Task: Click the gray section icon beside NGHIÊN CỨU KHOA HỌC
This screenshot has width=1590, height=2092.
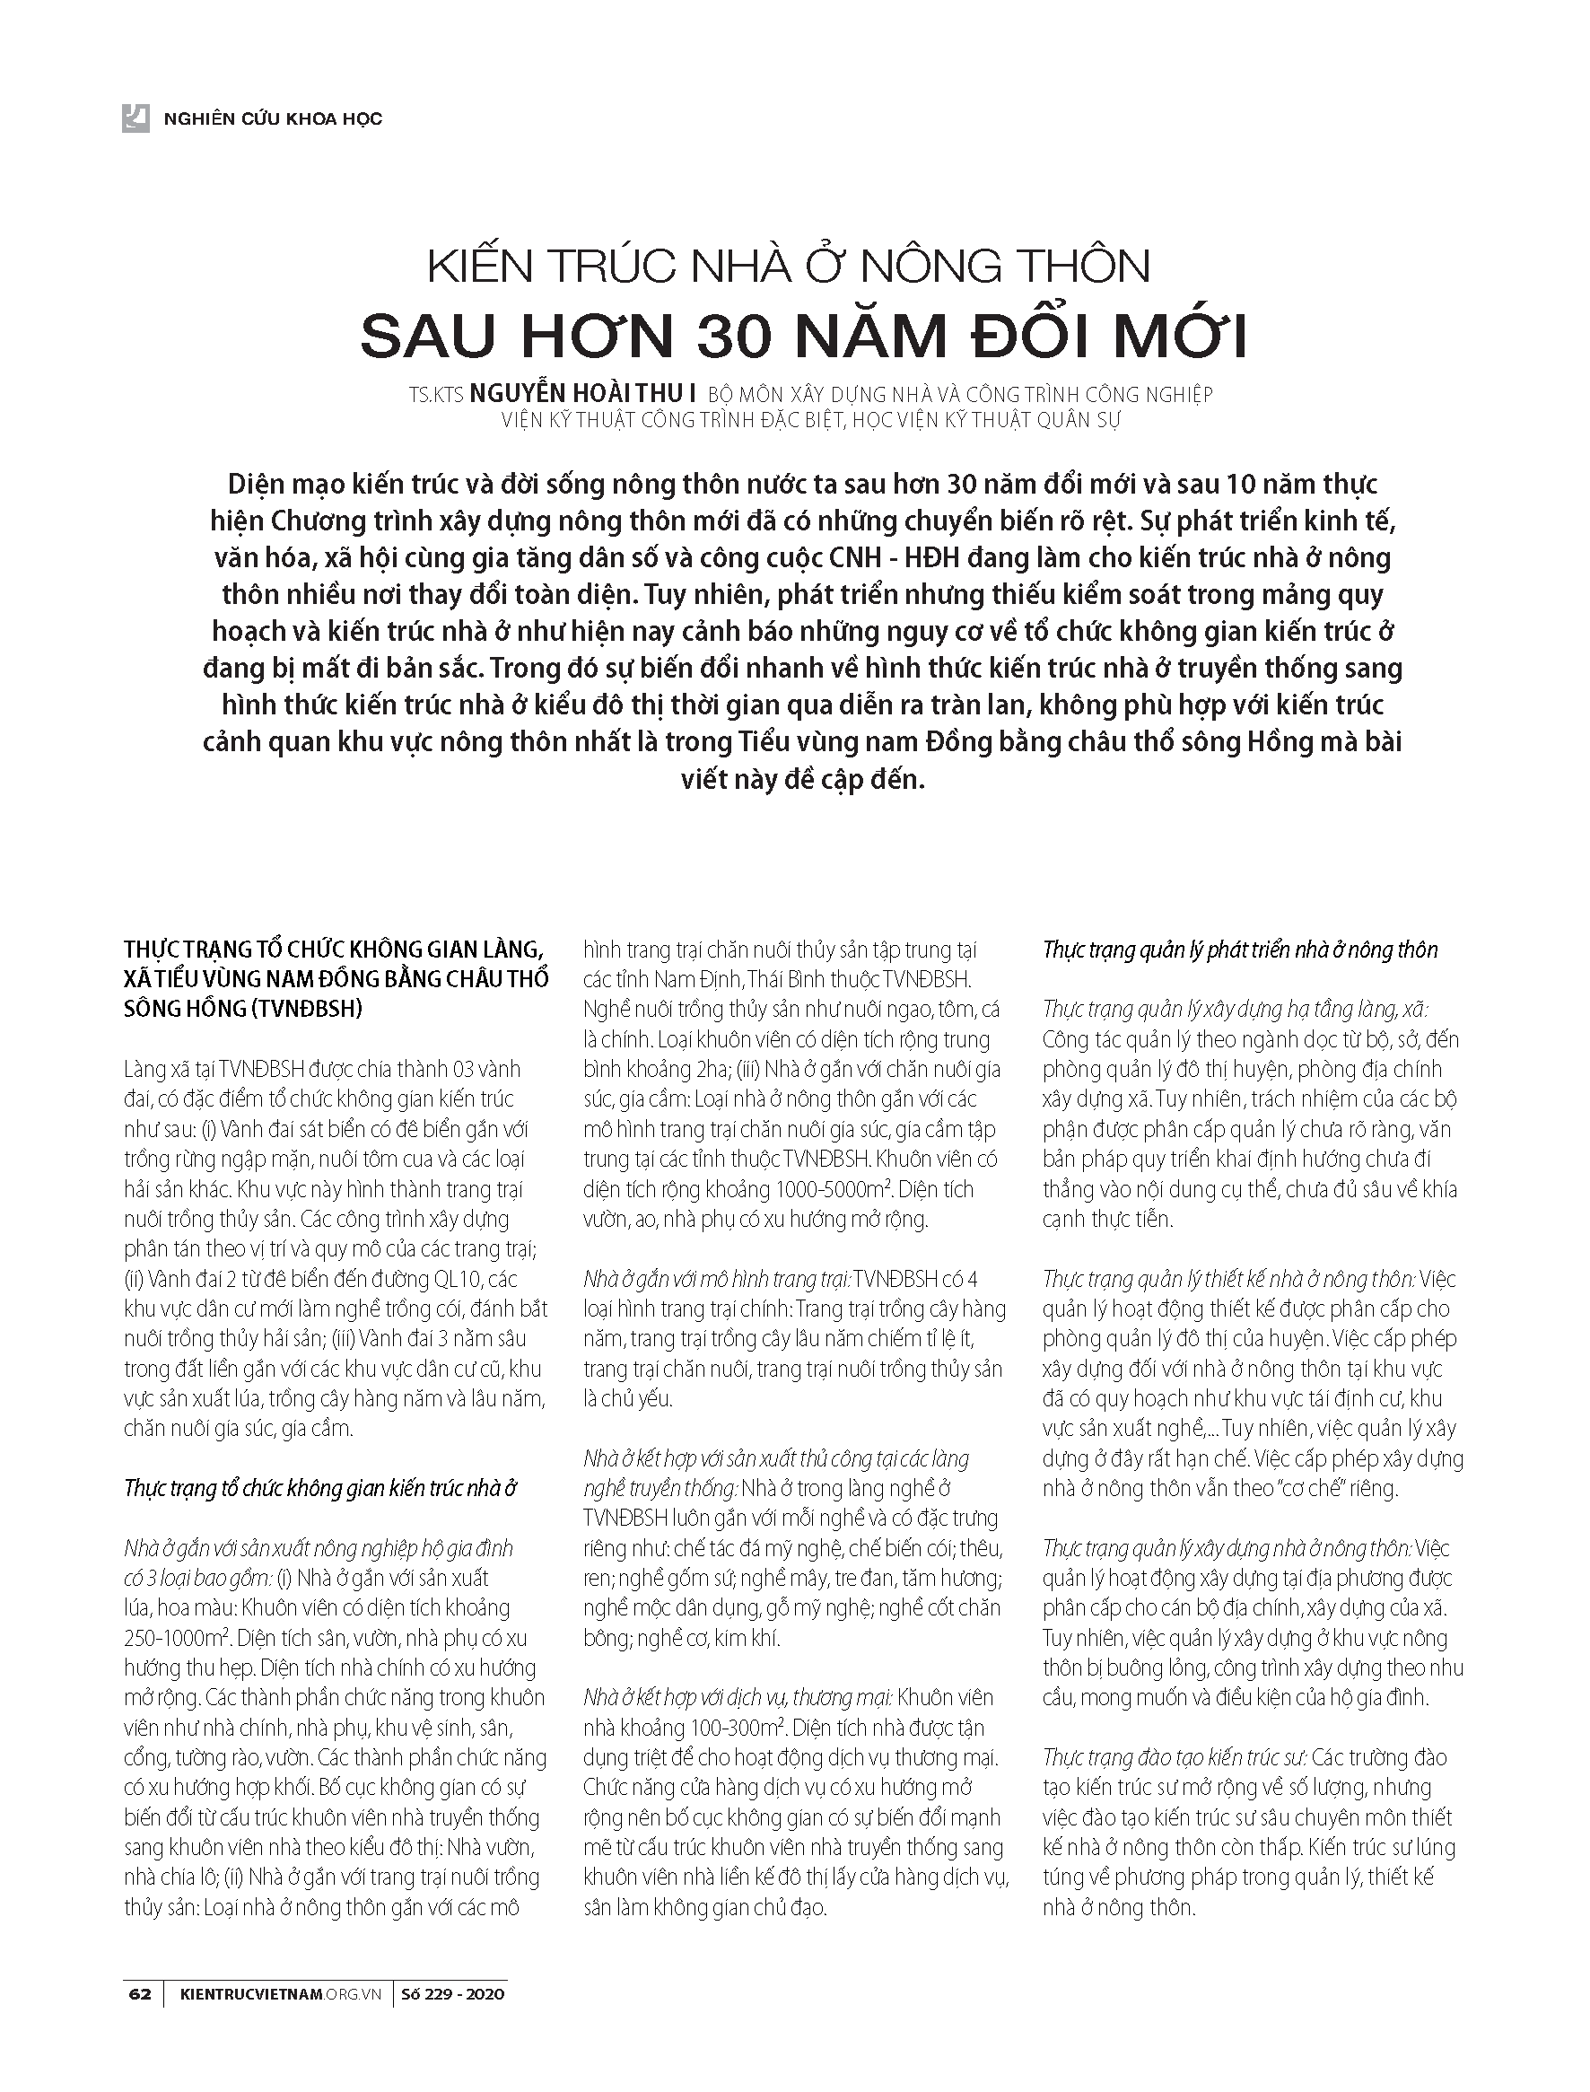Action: (x=135, y=118)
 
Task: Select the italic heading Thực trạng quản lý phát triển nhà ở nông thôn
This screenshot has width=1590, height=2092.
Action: (x=1240, y=950)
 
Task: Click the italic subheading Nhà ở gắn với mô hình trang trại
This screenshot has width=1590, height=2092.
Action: (x=716, y=1280)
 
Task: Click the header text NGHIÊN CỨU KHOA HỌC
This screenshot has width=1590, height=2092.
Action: (x=273, y=119)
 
